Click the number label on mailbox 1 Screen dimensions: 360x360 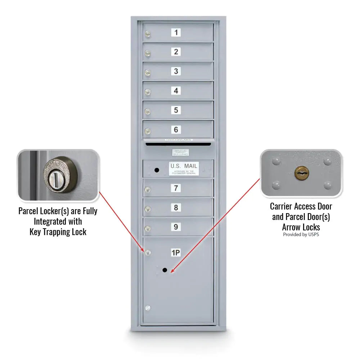click(176, 33)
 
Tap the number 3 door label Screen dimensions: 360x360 click(176, 71)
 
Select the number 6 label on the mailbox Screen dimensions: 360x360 click(176, 130)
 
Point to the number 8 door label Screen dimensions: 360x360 click(176, 208)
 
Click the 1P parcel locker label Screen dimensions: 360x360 click(176, 253)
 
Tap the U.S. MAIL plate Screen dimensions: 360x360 click(184, 168)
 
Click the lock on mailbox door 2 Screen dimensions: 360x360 click(148, 54)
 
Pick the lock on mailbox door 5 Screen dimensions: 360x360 click(148, 112)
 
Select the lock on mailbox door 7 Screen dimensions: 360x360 click(148, 190)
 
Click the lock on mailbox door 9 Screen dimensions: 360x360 click(148, 228)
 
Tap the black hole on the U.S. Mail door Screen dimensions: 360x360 click(157, 170)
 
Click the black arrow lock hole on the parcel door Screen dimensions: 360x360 click(165, 270)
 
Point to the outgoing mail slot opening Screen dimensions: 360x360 click(178, 144)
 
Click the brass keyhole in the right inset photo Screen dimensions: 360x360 click(302, 173)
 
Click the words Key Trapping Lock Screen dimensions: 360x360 click(58, 232)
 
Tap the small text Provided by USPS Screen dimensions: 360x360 click(301, 235)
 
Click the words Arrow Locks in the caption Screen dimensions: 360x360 click(301, 227)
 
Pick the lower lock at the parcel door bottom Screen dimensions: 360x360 click(147, 308)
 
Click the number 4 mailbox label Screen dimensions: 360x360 click(176, 91)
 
